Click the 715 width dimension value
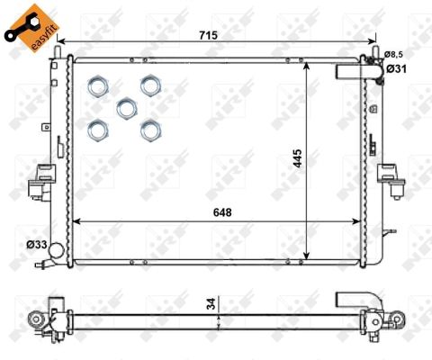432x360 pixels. coord(208,35)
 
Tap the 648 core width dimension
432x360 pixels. coord(222,212)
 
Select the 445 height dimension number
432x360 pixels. coord(297,158)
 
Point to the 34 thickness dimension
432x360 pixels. coord(211,303)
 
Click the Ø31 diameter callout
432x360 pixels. coord(396,69)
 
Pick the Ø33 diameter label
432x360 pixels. coord(37,245)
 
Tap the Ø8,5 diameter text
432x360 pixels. coord(393,54)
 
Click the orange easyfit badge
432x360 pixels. coord(31,28)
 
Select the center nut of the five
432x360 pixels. coord(127,108)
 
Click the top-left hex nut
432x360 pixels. coord(98,85)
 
